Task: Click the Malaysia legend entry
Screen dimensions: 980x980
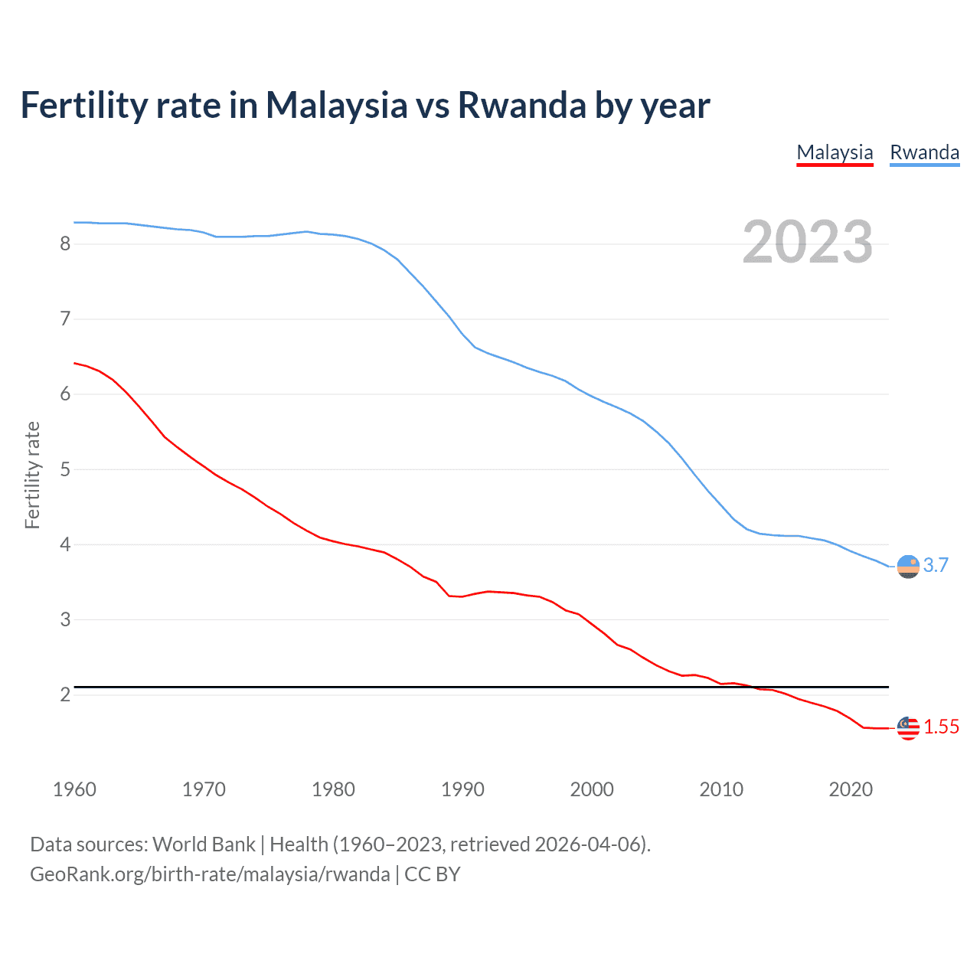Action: click(835, 152)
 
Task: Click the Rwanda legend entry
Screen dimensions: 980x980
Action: click(924, 152)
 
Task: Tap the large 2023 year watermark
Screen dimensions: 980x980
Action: click(807, 242)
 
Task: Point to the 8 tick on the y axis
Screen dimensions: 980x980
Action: click(65, 243)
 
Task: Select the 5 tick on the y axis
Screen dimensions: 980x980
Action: click(65, 469)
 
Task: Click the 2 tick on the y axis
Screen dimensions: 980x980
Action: click(65, 694)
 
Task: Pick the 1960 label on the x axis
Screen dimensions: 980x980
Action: click(74, 789)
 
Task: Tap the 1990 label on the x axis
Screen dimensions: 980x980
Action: click(462, 789)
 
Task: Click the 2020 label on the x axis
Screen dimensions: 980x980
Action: click(851, 789)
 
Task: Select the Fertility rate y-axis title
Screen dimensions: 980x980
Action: click(32, 475)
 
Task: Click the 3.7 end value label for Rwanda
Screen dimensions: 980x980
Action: click(936, 565)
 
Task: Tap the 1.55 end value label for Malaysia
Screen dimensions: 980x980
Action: click(941, 727)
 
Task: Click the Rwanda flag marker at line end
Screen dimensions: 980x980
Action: click(908, 567)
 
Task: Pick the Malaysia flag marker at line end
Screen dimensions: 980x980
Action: click(908, 728)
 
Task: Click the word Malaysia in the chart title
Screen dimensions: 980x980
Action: click(336, 105)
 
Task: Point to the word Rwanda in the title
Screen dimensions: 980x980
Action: click(522, 105)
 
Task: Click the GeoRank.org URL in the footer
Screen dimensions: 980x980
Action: click(210, 874)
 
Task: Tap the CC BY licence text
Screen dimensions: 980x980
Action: click(433, 874)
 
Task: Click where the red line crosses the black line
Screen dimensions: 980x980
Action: click(753, 687)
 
